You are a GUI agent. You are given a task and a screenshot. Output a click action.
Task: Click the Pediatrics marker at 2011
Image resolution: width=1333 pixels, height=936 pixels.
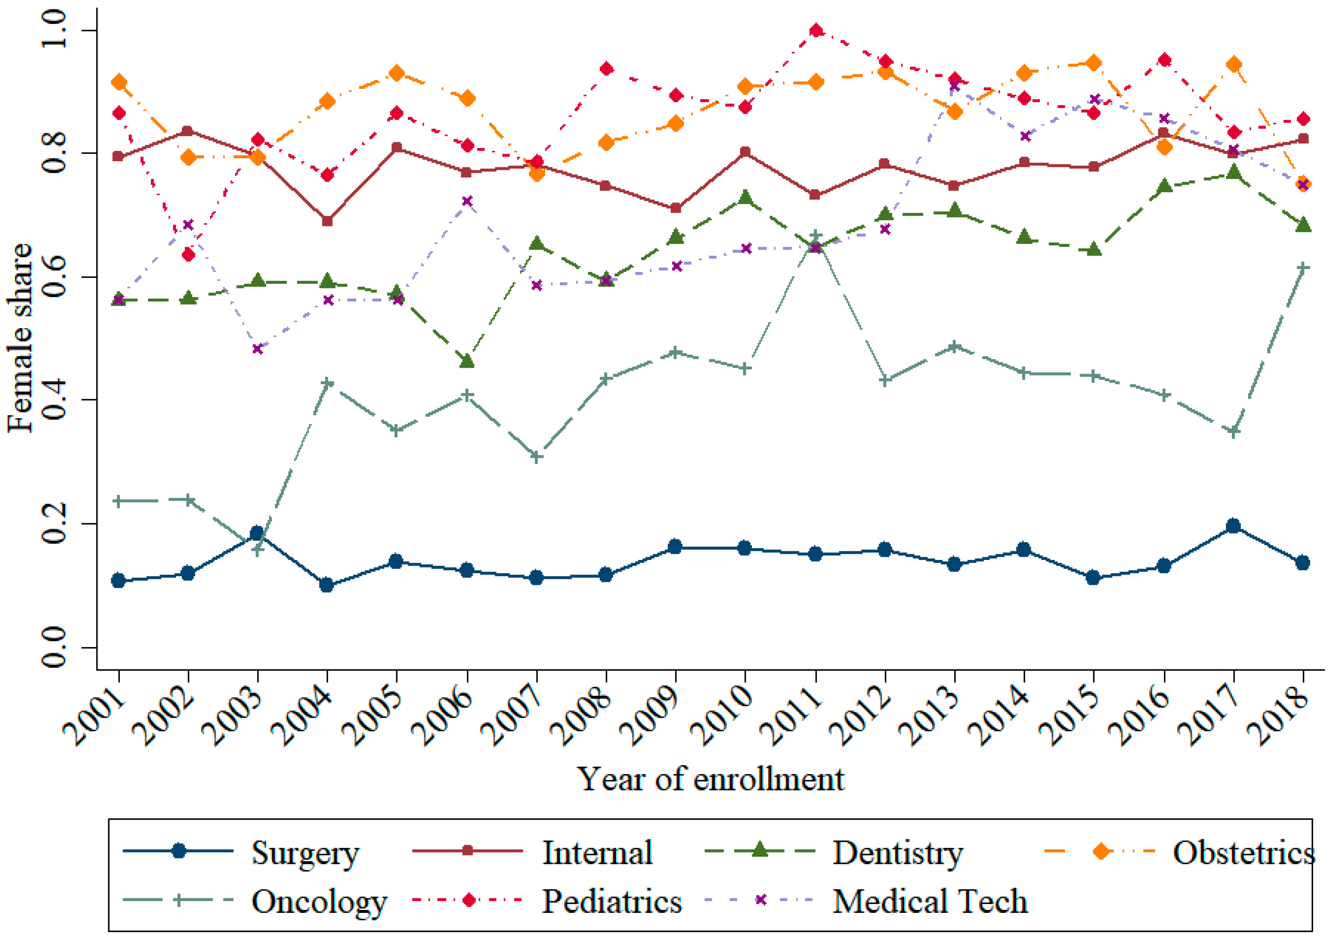816,30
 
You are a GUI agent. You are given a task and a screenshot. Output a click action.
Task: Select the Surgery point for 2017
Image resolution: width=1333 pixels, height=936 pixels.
1234,526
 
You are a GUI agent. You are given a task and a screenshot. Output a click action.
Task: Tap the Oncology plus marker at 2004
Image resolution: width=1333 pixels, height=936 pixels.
327,383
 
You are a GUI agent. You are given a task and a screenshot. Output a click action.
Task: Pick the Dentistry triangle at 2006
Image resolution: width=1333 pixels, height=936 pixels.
467,361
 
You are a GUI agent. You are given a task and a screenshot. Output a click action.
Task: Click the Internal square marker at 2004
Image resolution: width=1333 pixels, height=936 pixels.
327,221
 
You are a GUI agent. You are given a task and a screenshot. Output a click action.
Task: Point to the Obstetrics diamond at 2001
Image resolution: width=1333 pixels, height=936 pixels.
119,83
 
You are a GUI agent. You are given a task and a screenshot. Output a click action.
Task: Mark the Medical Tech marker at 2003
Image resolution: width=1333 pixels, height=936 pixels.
258,348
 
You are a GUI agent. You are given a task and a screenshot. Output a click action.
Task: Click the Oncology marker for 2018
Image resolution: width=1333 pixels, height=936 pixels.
1303,267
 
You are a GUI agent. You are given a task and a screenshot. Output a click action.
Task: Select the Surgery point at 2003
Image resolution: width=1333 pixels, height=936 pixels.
258,533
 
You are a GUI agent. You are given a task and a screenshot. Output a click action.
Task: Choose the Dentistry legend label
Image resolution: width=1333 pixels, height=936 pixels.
897,853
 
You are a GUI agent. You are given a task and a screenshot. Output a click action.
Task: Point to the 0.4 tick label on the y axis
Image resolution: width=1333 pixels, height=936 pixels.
55,401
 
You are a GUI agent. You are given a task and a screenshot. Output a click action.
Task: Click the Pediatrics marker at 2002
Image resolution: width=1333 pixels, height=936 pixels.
188,254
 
